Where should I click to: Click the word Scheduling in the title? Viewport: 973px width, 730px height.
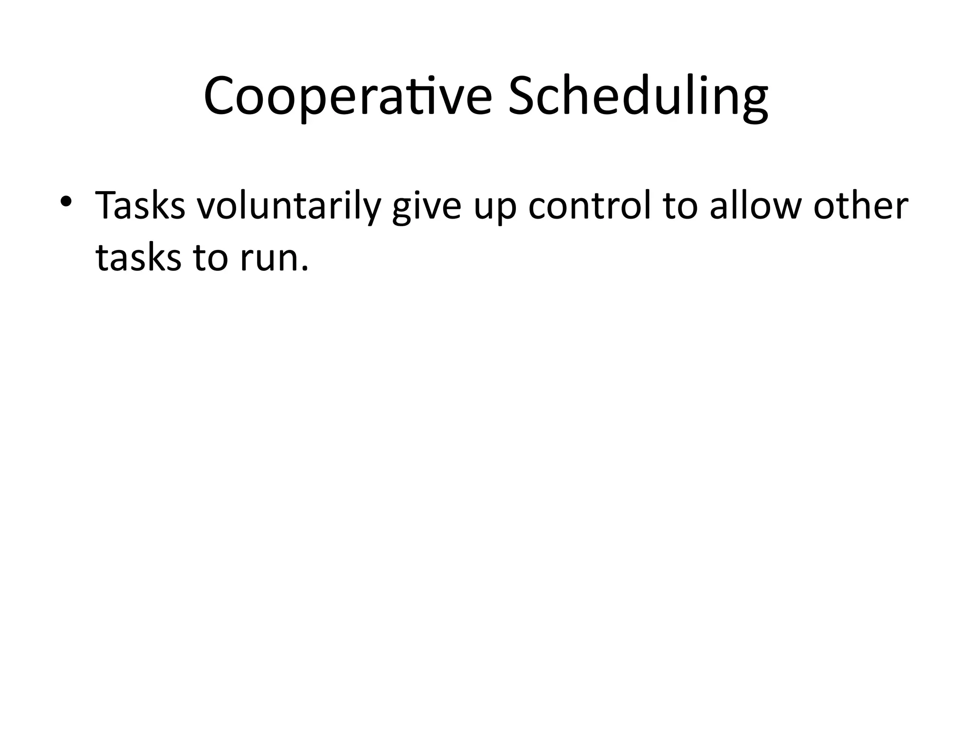click(x=638, y=96)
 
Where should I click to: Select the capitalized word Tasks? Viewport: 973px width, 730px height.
click(x=140, y=206)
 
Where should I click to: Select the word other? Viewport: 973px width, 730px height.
click(x=860, y=206)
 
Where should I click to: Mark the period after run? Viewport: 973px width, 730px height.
click(x=305, y=269)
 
